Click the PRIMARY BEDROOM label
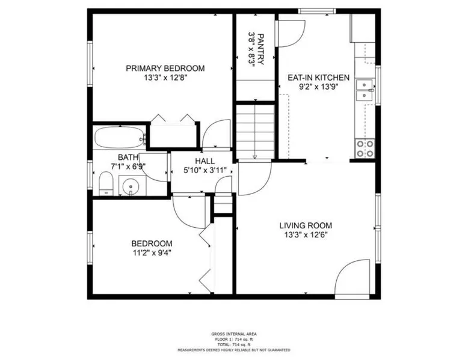coord(165,69)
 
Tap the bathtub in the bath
coord(119,138)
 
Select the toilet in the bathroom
coord(106,183)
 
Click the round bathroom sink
coord(131,186)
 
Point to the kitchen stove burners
coord(365,148)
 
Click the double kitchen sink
coord(365,90)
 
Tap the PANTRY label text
coord(260,49)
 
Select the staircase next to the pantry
coord(255,131)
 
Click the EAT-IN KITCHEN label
coord(318,78)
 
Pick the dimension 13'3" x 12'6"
coord(306,235)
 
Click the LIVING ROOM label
coord(306,225)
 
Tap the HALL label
coord(205,161)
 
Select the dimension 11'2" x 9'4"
coord(152,253)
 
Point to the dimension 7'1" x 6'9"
coord(128,166)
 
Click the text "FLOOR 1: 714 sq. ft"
coord(234,339)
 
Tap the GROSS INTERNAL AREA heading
coord(234,334)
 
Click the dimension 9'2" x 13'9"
coord(318,87)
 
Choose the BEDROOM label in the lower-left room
coord(152,243)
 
